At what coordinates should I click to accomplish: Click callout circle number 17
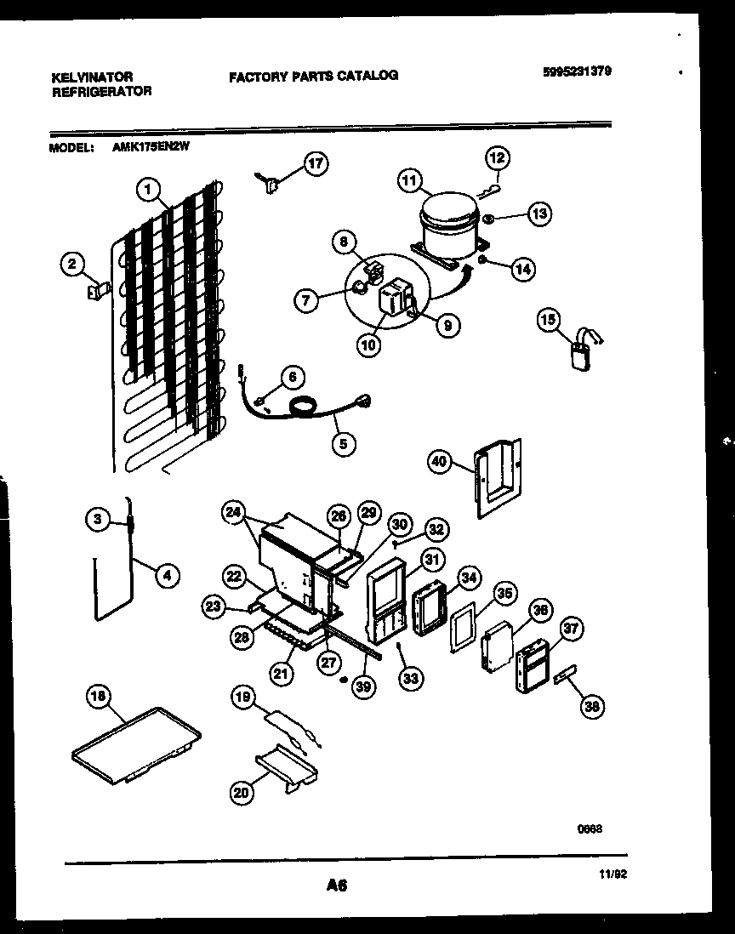click(x=316, y=164)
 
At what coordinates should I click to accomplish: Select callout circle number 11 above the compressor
click(x=410, y=180)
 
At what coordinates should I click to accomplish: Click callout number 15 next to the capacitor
click(x=550, y=320)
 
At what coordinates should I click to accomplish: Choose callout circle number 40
click(x=439, y=462)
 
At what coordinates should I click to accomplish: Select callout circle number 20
click(x=242, y=793)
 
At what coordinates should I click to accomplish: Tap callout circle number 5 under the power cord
click(x=344, y=442)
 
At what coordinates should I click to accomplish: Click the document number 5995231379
click(x=577, y=71)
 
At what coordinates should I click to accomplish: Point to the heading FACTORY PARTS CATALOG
click(x=313, y=76)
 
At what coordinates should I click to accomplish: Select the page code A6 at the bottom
click(x=337, y=886)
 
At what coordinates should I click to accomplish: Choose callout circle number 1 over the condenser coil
click(x=149, y=191)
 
